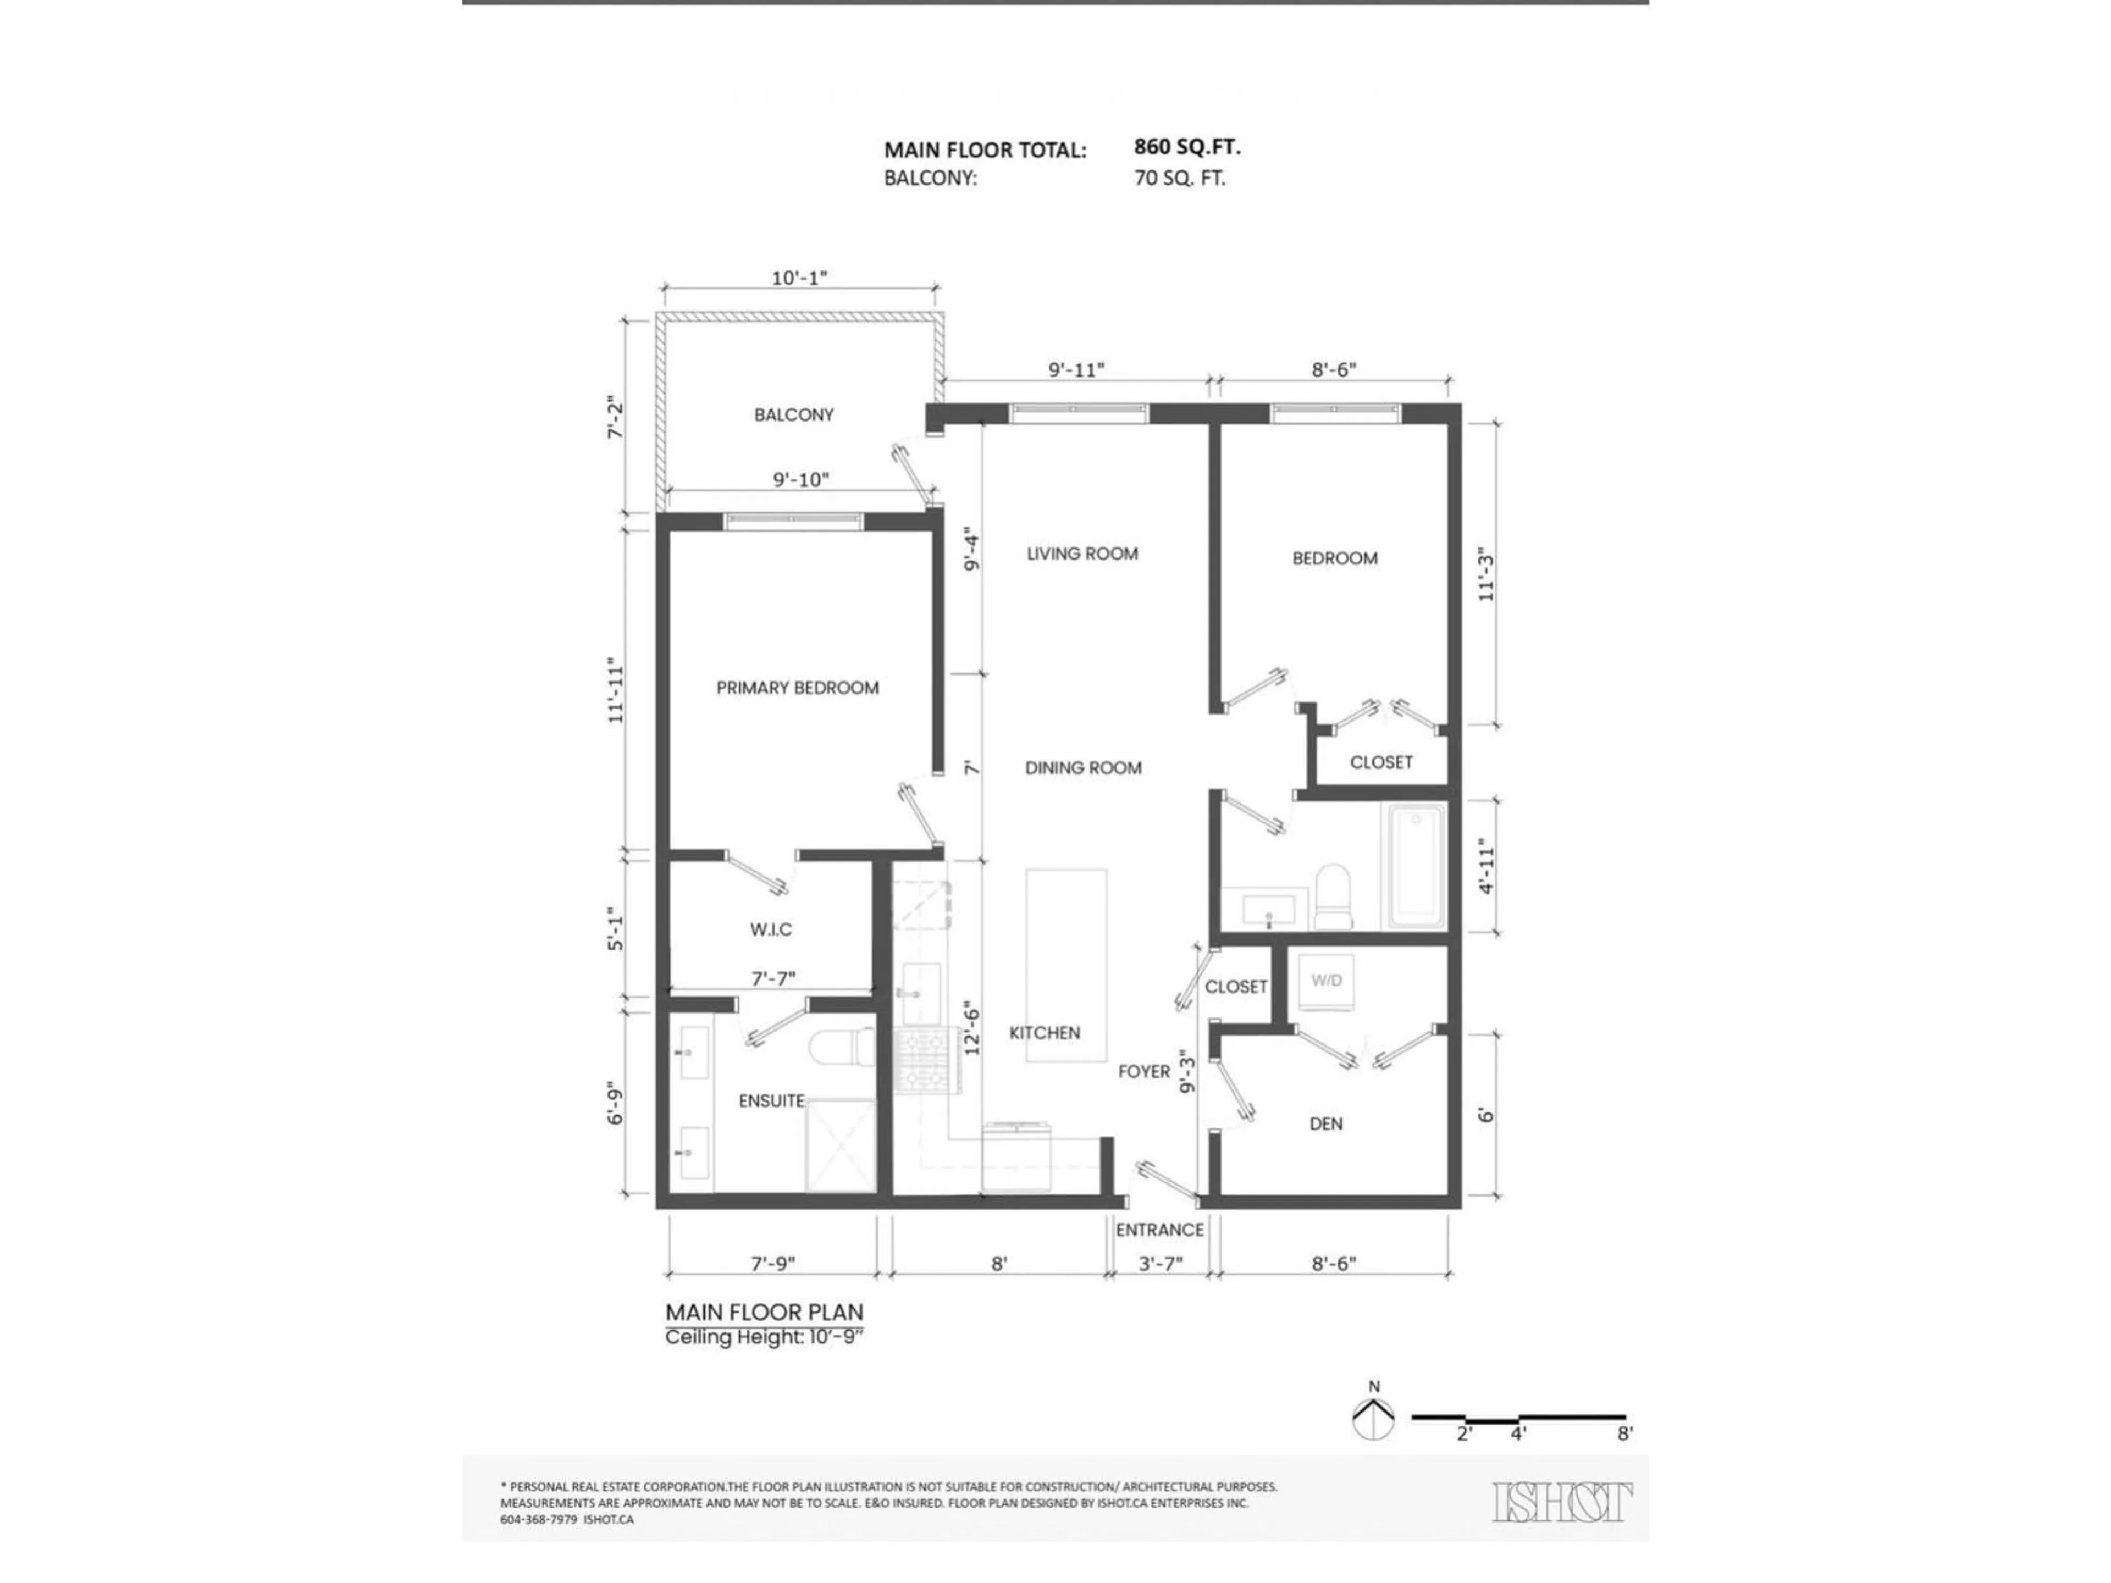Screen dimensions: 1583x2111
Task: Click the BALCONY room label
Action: [x=793, y=415]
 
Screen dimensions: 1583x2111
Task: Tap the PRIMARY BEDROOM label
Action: [x=797, y=688]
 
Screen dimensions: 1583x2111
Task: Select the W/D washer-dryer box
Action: [x=1325, y=981]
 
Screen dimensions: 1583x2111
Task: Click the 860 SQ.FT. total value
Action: [x=1186, y=147]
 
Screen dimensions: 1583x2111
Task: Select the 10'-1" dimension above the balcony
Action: [x=799, y=278]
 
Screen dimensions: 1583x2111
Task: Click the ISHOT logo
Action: [x=1561, y=1502]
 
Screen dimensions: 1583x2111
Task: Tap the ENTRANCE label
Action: [x=1159, y=1230]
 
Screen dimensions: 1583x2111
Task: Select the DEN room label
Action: [x=1325, y=1124]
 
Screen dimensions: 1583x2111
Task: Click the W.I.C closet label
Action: [x=770, y=929]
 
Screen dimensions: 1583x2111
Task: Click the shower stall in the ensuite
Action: [x=841, y=1145]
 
